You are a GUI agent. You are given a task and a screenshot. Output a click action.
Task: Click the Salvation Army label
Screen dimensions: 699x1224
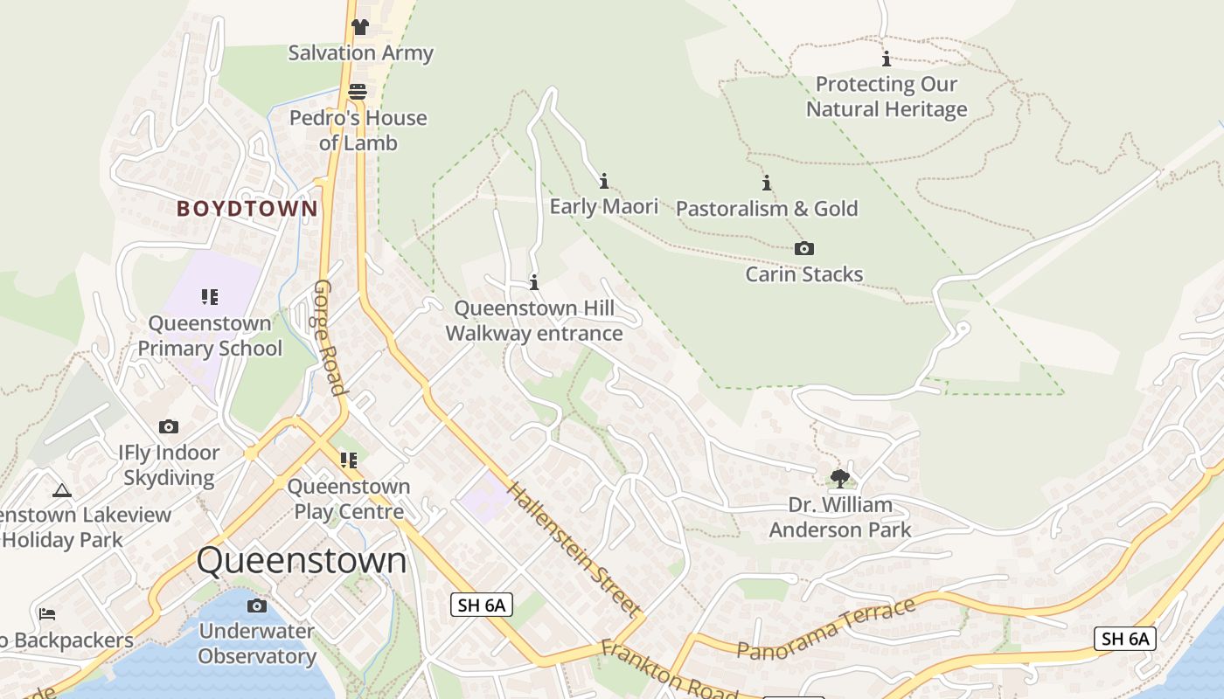point(360,52)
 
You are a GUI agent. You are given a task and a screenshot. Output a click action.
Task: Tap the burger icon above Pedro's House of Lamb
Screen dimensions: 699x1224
point(358,91)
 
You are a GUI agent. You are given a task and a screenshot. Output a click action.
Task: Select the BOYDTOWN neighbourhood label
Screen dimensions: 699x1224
point(247,208)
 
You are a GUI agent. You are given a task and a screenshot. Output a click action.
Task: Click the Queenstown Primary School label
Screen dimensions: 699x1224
point(210,336)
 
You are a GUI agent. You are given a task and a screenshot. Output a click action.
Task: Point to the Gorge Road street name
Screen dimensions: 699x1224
point(330,337)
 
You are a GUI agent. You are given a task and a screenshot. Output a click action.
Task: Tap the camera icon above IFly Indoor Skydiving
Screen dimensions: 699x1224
point(169,426)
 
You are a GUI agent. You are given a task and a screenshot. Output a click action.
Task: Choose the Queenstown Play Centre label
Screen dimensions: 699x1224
point(349,498)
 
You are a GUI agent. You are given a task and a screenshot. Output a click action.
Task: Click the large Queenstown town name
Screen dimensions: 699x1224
point(302,560)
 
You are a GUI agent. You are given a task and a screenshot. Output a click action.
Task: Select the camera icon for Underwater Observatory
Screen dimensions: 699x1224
point(256,606)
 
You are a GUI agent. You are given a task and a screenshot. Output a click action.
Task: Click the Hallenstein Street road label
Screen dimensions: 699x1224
point(574,550)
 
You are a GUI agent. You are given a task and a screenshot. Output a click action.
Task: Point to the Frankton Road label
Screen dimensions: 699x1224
point(669,669)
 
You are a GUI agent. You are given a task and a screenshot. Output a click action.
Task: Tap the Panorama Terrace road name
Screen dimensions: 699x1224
point(825,628)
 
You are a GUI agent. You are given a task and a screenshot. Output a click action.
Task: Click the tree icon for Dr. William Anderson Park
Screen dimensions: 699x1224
point(839,478)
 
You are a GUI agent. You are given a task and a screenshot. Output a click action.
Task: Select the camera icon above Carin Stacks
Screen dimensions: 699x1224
point(803,248)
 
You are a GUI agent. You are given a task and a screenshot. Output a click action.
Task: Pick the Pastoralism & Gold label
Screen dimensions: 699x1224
point(767,208)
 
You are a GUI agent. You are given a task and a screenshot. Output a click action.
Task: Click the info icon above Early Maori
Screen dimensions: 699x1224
point(603,181)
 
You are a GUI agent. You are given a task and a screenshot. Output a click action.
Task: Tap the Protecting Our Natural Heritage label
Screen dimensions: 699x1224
point(887,96)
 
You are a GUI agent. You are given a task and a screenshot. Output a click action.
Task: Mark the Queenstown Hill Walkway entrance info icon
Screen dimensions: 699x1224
point(534,282)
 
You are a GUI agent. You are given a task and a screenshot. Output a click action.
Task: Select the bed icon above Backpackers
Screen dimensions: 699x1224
point(47,613)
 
